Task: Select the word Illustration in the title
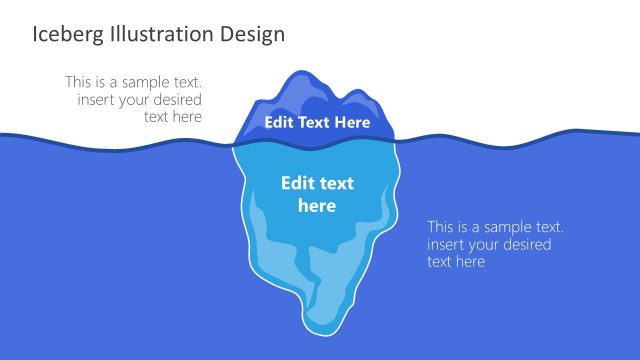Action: pos(158,34)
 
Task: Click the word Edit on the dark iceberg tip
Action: pos(280,123)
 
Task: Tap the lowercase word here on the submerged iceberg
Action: pos(317,206)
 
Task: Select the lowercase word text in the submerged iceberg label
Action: pos(337,184)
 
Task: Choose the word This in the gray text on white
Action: pos(81,82)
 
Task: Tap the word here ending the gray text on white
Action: pos(187,116)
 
